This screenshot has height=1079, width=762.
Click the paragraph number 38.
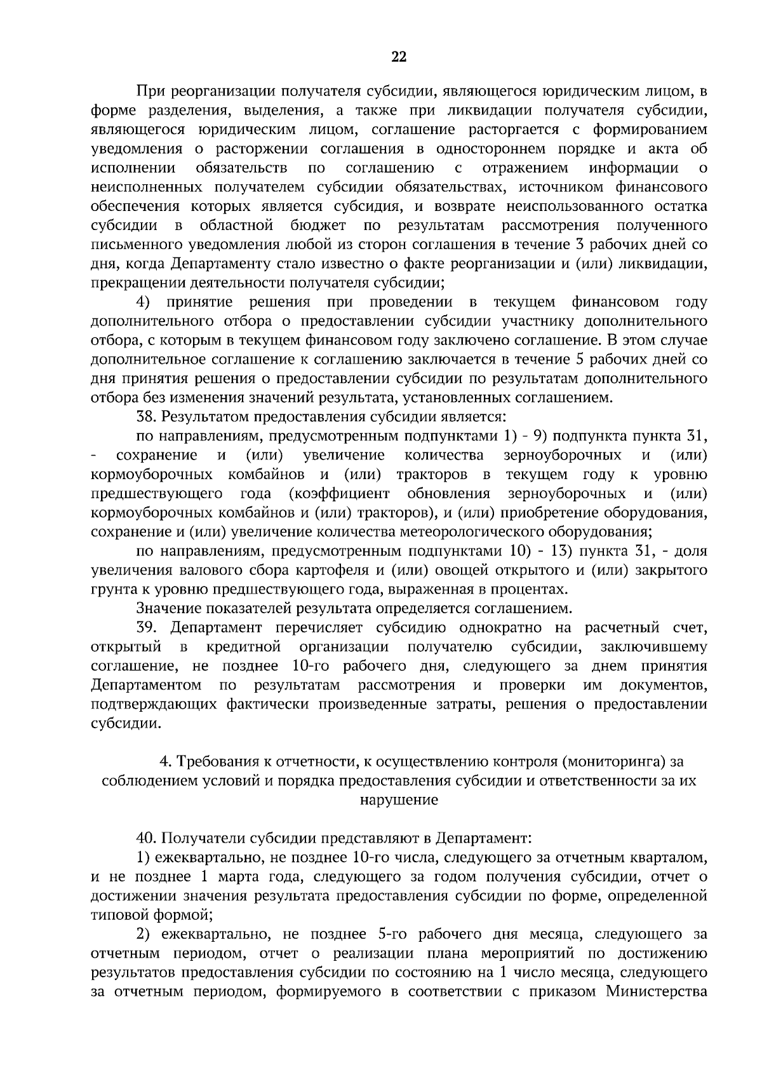148,417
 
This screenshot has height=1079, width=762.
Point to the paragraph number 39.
148,628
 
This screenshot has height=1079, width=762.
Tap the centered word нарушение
399,800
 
